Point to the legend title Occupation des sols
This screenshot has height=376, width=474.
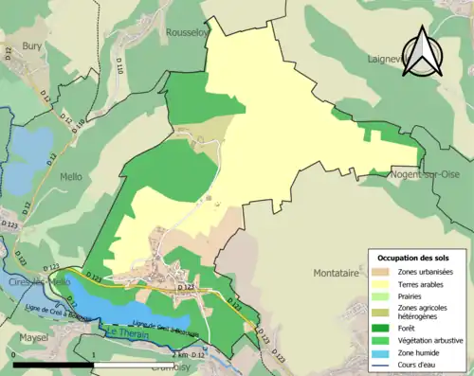(414, 258)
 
